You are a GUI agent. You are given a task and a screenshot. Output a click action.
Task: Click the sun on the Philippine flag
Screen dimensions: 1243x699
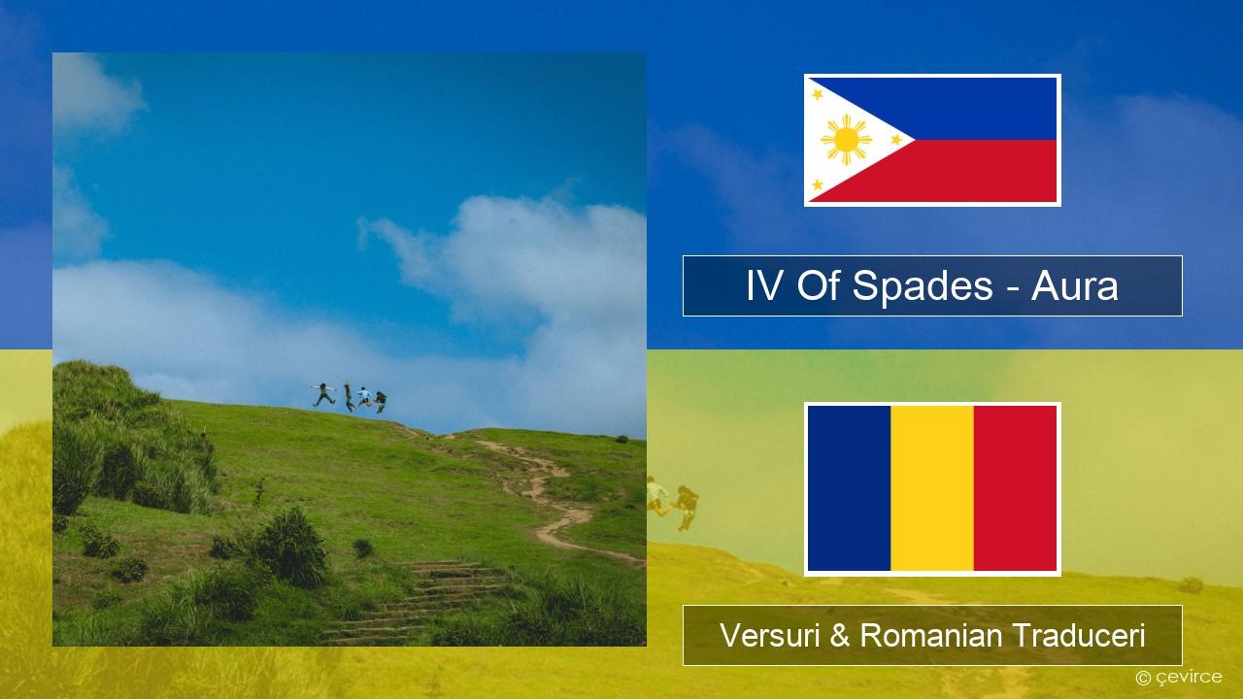point(846,140)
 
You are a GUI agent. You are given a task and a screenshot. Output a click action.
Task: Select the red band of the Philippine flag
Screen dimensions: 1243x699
point(965,171)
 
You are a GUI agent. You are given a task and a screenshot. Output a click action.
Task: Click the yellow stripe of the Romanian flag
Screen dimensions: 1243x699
point(932,488)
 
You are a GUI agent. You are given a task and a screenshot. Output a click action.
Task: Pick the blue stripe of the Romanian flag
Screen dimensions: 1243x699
point(849,488)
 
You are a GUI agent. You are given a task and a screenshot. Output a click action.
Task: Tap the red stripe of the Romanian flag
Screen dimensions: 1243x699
point(1015,488)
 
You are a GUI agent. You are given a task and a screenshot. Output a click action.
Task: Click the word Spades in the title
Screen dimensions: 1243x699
point(923,286)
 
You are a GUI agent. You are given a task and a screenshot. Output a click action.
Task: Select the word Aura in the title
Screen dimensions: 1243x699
point(1074,286)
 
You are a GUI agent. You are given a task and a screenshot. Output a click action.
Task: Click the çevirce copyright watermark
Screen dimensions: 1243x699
point(1179,678)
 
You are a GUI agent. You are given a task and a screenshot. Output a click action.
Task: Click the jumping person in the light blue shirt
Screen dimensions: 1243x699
point(364,397)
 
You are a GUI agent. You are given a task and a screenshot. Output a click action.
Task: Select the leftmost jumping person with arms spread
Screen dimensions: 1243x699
point(323,394)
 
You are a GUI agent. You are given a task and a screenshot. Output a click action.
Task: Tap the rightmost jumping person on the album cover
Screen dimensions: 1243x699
point(380,402)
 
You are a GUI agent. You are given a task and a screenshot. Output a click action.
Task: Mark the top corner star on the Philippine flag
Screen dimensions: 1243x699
point(818,94)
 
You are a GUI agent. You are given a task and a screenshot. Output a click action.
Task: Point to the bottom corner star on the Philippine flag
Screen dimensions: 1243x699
point(818,184)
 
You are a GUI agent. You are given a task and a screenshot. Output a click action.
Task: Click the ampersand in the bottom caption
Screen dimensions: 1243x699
point(840,636)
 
